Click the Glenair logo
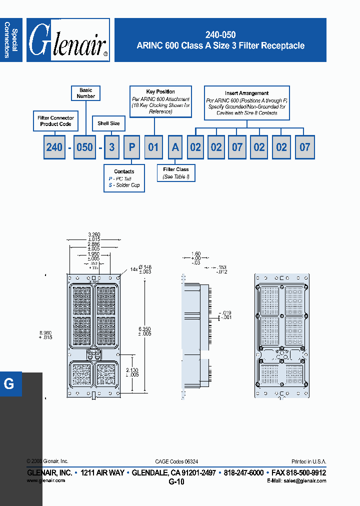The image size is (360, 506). point(68,40)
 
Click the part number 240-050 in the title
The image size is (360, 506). point(220,35)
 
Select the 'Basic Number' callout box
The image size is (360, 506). point(86,93)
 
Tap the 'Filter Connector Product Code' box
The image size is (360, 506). point(55,121)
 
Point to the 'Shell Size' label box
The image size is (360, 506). point(108,123)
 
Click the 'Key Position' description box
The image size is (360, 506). point(160,101)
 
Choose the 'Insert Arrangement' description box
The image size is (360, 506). point(246,102)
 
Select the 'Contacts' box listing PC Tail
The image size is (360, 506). point(124,178)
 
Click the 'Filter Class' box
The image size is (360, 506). point(175,172)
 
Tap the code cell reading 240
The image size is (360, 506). point(54,147)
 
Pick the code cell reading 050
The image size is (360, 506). point(84,147)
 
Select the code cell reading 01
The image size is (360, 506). point(153,147)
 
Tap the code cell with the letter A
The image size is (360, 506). point(175,147)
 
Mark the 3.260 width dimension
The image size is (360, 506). point(93,234)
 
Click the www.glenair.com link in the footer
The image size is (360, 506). point(45,480)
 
